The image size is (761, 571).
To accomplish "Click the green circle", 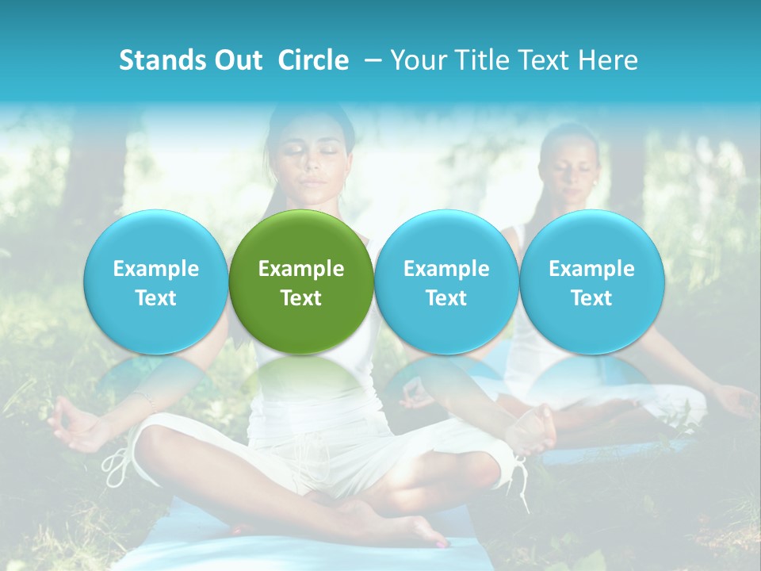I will pos(300,282).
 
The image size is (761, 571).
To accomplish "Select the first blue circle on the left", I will pos(155,282).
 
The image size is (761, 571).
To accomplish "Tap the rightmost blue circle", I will pos(591,282).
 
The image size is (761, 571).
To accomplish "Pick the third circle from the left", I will pos(446,282).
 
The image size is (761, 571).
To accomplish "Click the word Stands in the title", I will pos(162,60).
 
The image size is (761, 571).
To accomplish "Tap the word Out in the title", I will pos(237,60).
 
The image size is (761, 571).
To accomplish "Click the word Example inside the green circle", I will pos(300,269).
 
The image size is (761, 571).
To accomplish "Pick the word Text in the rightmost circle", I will pos(591,298).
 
